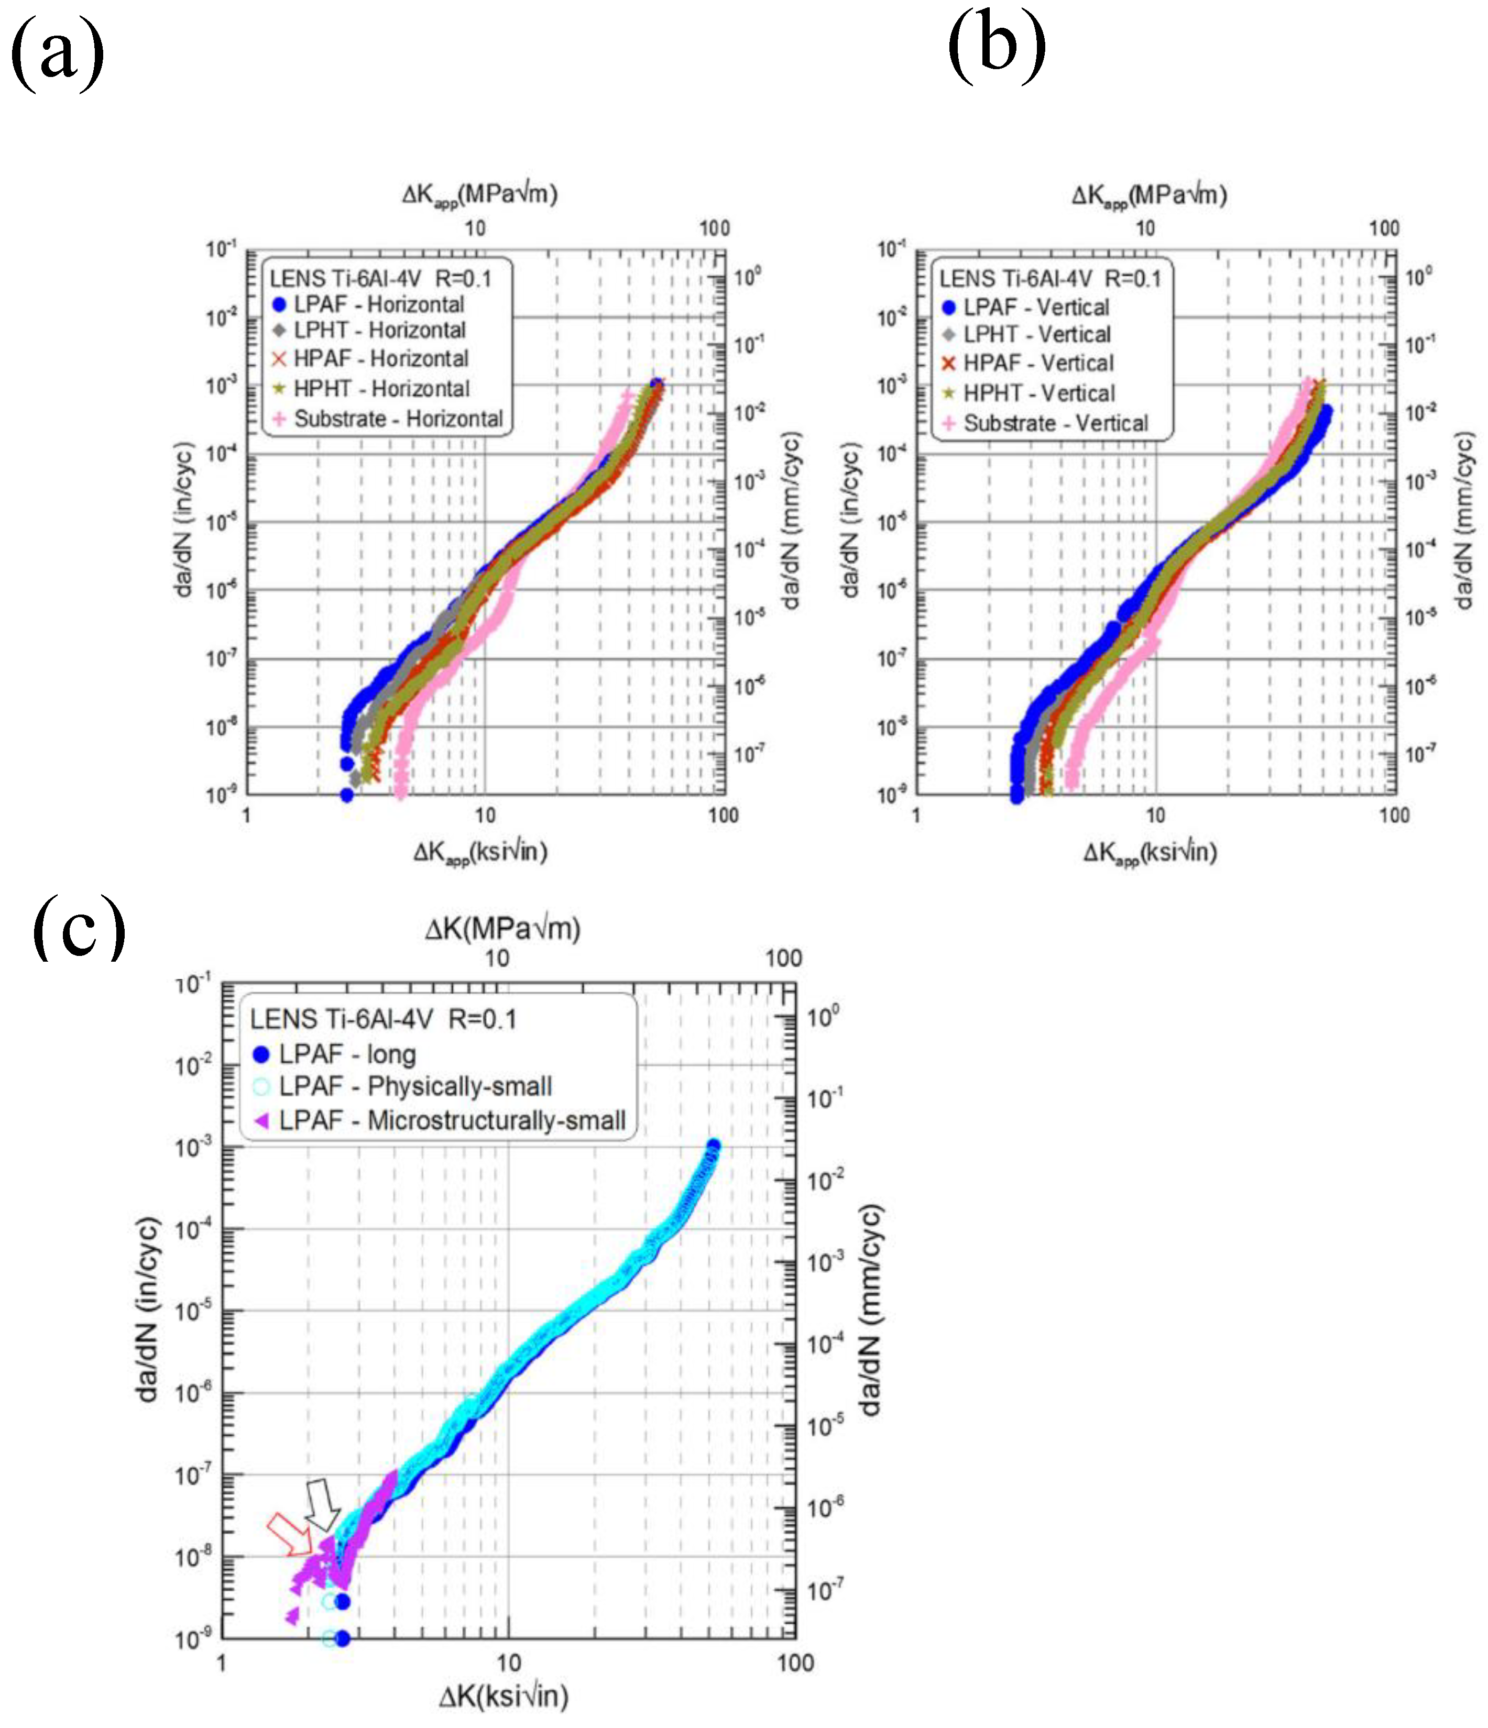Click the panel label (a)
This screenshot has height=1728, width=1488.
coord(57,52)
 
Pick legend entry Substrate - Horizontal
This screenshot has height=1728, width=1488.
coord(398,419)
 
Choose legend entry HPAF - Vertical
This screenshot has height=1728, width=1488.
coord(1037,363)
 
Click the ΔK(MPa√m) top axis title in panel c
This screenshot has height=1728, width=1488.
coord(502,928)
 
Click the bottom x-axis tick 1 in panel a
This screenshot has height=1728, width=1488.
coord(246,815)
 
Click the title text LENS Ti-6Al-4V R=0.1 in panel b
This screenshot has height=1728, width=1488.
coord(1049,279)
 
